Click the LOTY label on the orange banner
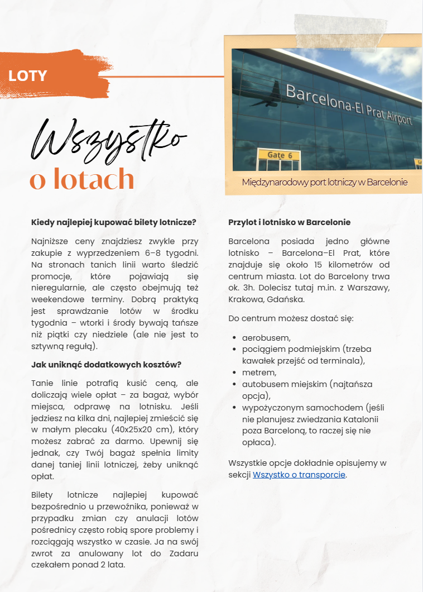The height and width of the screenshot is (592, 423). click(x=27, y=76)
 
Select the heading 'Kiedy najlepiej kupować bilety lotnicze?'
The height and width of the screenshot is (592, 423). click(x=114, y=222)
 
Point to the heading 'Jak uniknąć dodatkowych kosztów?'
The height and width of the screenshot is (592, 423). click(x=106, y=365)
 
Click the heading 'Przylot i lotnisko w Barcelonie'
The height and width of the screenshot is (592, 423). click(x=289, y=222)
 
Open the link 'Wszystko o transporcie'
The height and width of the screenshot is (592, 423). click(x=299, y=475)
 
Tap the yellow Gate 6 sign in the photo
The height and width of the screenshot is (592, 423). click(x=277, y=155)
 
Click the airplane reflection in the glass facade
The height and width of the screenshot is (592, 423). click(x=268, y=94)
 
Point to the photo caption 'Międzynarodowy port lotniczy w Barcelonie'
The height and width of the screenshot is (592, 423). click(x=325, y=183)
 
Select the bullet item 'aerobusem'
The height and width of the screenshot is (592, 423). click(x=266, y=338)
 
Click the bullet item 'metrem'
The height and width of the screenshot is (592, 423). click(x=259, y=373)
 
